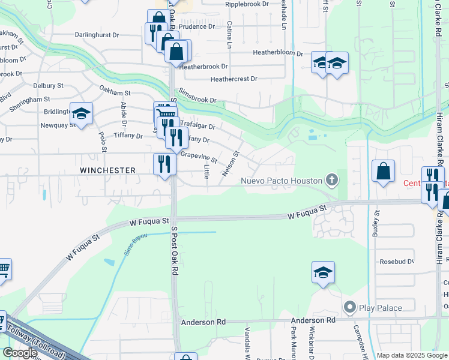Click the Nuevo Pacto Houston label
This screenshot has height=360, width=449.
pyautogui.click(x=281, y=181)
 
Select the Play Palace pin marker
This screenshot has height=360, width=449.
pyautogui.click(x=350, y=308)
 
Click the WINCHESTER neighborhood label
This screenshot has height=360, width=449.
pyautogui.click(x=107, y=170)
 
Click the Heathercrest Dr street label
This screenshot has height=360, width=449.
pyautogui.click(x=234, y=79)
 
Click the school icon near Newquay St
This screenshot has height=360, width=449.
pyautogui.click(x=81, y=113)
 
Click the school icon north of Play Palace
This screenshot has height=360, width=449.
pyautogui.click(x=323, y=272)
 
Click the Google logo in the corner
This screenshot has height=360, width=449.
pyautogui.click(x=20, y=353)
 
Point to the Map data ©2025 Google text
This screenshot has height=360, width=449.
pyautogui.click(x=412, y=355)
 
